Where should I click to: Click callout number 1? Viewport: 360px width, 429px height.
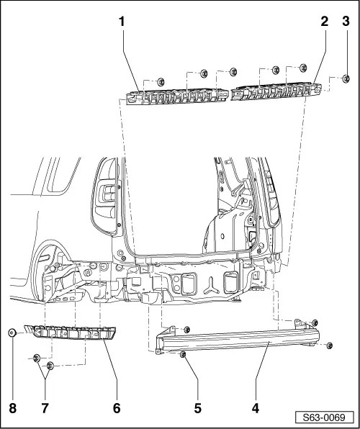tap(122, 22)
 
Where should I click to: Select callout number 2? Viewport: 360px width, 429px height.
tap(325, 22)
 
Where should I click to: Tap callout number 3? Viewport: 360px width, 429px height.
tap(346, 22)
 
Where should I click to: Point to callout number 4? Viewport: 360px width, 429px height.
tap(256, 408)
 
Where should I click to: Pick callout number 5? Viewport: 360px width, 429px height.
tap(198, 408)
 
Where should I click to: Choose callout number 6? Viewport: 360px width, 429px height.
tap(117, 408)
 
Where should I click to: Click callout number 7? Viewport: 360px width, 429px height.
tap(45, 408)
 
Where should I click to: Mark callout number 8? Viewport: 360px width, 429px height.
tap(12, 408)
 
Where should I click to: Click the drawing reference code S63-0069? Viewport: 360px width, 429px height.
tap(324, 417)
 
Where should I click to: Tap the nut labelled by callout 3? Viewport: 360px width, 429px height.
tap(346, 78)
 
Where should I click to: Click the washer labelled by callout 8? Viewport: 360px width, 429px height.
tap(12, 333)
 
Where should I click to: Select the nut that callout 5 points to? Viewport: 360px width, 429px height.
tap(183, 355)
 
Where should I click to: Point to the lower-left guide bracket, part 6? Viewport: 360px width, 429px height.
tap(70, 332)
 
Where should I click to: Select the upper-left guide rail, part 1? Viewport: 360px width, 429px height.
tap(177, 96)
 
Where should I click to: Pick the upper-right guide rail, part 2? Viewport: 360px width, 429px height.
tap(276, 91)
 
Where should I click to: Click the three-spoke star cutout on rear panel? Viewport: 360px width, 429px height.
tap(211, 286)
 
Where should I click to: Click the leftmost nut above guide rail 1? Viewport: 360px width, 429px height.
tap(161, 81)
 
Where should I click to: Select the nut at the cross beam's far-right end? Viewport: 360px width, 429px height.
tap(329, 346)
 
